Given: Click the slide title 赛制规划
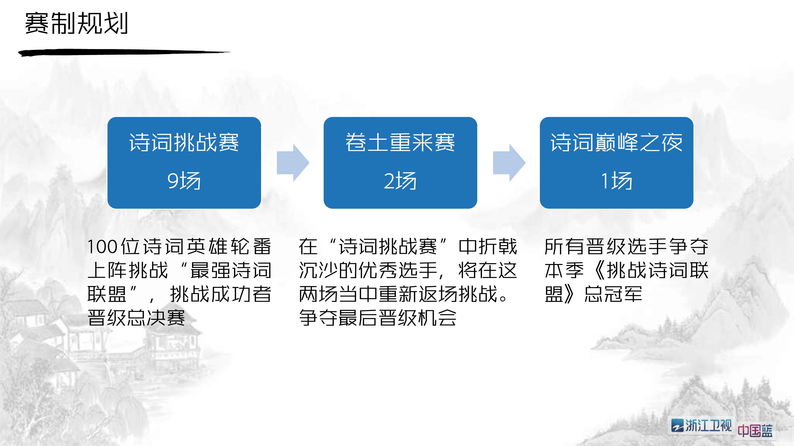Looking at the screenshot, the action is (x=77, y=23).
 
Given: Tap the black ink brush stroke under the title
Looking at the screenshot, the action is (x=124, y=53).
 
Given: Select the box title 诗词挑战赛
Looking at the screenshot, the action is (x=184, y=142).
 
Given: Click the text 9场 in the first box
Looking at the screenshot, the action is (x=184, y=181).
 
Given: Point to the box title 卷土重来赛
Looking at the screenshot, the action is (x=400, y=142).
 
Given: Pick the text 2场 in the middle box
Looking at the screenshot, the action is (x=400, y=181).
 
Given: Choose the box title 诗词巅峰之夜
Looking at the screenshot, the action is (x=617, y=142).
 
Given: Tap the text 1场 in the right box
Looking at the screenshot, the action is (x=617, y=181).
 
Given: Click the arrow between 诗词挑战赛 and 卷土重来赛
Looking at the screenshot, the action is (x=293, y=163).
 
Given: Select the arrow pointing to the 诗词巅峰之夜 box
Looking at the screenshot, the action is (x=509, y=163).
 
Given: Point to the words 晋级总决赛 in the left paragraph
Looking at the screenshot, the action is (x=136, y=318).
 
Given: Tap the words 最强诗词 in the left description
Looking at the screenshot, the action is (x=231, y=270).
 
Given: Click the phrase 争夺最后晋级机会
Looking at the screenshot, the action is (x=377, y=318).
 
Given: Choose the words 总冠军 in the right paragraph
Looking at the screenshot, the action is (x=613, y=294).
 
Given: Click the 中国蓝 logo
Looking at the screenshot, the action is (x=755, y=430).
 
